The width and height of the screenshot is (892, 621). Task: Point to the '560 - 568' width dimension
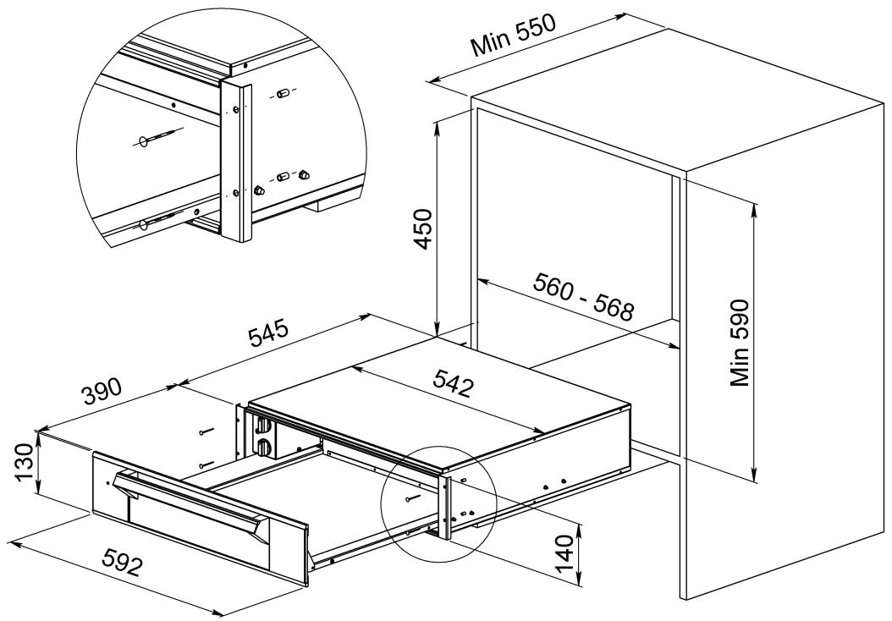coord(583,299)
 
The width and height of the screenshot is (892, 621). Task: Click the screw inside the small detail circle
coord(413,499)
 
